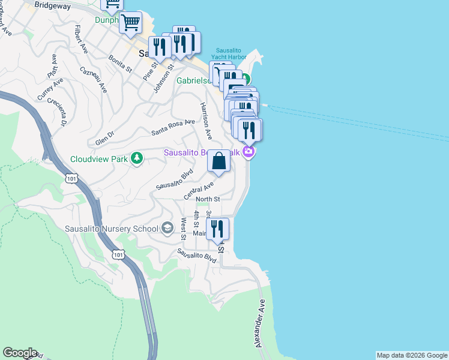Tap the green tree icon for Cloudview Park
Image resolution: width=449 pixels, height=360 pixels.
click(137, 158)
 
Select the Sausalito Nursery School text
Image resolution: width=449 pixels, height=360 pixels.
click(111, 228)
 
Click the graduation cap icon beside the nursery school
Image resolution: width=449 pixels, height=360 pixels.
click(167, 228)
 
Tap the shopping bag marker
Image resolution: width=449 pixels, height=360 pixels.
click(219, 160)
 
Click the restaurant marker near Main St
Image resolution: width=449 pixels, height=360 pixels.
click(217, 229)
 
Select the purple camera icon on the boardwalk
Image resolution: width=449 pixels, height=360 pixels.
click(249, 152)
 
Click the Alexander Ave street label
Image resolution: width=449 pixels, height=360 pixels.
click(260, 323)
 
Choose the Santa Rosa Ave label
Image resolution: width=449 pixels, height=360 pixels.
click(173, 127)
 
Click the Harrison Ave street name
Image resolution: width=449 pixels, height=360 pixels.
click(206, 121)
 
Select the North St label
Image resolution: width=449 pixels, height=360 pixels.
click(208, 199)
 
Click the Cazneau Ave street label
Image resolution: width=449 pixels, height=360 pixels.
click(93, 79)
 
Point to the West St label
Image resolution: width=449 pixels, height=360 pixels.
click(183, 227)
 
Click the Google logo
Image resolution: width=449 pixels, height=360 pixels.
click(20, 353)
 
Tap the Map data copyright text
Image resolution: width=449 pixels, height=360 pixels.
click(412, 355)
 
